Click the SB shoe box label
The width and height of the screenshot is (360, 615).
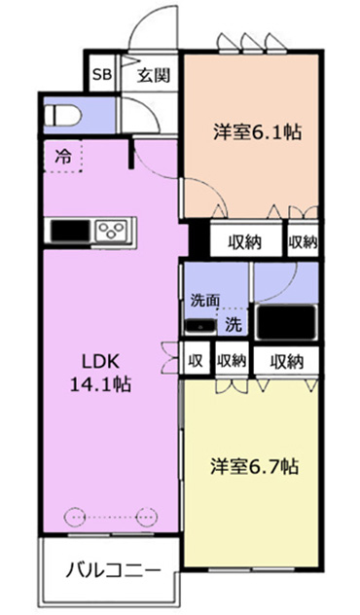click(x=102, y=74)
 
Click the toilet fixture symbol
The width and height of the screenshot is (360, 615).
click(x=62, y=116)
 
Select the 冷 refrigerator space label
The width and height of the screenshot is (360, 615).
click(x=63, y=157)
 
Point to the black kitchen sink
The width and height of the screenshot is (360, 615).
click(x=70, y=232)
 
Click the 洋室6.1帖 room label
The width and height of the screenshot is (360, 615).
click(x=257, y=132)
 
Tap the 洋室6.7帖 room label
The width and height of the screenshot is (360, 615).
click(x=254, y=467)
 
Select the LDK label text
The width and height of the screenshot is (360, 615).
click(x=100, y=362)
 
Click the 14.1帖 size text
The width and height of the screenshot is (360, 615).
click(x=100, y=384)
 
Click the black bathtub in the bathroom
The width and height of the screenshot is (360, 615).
click(x=286, y=322)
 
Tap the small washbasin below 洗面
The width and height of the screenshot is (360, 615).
click(x=200, y=326)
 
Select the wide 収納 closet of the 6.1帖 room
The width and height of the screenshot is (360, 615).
click(x=245, y=242)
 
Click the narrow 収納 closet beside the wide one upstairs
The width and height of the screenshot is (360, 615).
click(x=303, y=242)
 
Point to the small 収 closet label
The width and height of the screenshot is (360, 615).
click(x=195, y=360)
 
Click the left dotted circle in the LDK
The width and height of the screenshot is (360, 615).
click(x=74, y=517)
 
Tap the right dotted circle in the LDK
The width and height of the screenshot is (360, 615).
click(x=147, y=517)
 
